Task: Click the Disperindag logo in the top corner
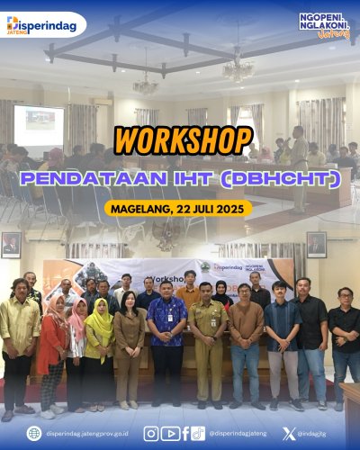pos(44,23)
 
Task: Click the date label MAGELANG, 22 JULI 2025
pos(179,208)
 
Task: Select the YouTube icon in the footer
pos(168,433)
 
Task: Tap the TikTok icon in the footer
pos(198,433)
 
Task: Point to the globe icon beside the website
pos(32,433)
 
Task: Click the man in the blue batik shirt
pos(166,337)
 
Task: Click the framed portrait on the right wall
pos(317,244)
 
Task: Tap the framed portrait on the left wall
pos(11,244)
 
